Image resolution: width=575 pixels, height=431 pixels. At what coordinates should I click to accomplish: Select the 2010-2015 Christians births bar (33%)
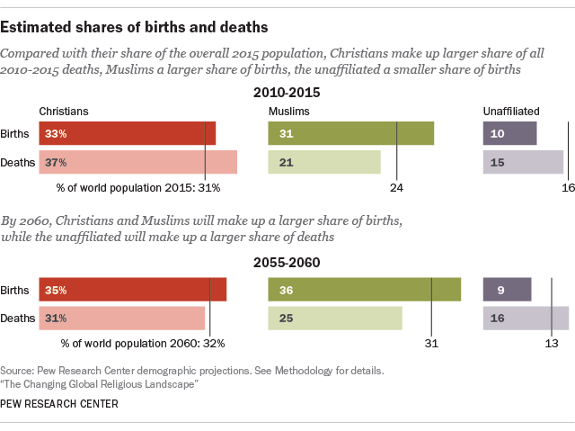[127, 133]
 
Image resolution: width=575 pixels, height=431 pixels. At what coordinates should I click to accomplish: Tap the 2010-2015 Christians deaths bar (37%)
[137, 162]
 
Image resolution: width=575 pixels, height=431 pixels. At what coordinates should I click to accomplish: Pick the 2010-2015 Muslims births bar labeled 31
[350, 133]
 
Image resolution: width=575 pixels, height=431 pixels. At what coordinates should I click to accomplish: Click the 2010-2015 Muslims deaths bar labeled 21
[324, 162]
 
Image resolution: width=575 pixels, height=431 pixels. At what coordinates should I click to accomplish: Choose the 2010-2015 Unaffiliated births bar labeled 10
[509, 133]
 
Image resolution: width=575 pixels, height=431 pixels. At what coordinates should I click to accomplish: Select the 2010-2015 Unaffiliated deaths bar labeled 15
[523, 162]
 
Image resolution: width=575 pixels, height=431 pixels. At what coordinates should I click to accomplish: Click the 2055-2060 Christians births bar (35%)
[132, 290]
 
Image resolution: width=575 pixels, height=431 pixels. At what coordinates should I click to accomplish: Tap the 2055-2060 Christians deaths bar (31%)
[121, 318]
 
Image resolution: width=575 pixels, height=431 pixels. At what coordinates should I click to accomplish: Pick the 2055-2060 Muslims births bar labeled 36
[364, 290]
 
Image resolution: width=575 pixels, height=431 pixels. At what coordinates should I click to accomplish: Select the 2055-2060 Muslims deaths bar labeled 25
[335, 318]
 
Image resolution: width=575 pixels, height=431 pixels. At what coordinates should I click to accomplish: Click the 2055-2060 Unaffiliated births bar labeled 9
[507, 290]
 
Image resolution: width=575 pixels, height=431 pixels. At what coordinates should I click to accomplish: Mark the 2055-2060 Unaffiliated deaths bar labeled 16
[526, 318]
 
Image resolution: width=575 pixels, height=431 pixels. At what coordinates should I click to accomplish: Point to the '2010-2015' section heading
[287, 92]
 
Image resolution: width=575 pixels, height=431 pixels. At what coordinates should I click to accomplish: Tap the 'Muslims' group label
[289, 111]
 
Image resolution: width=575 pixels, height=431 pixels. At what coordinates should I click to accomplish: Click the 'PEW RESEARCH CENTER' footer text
[59, 404]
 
